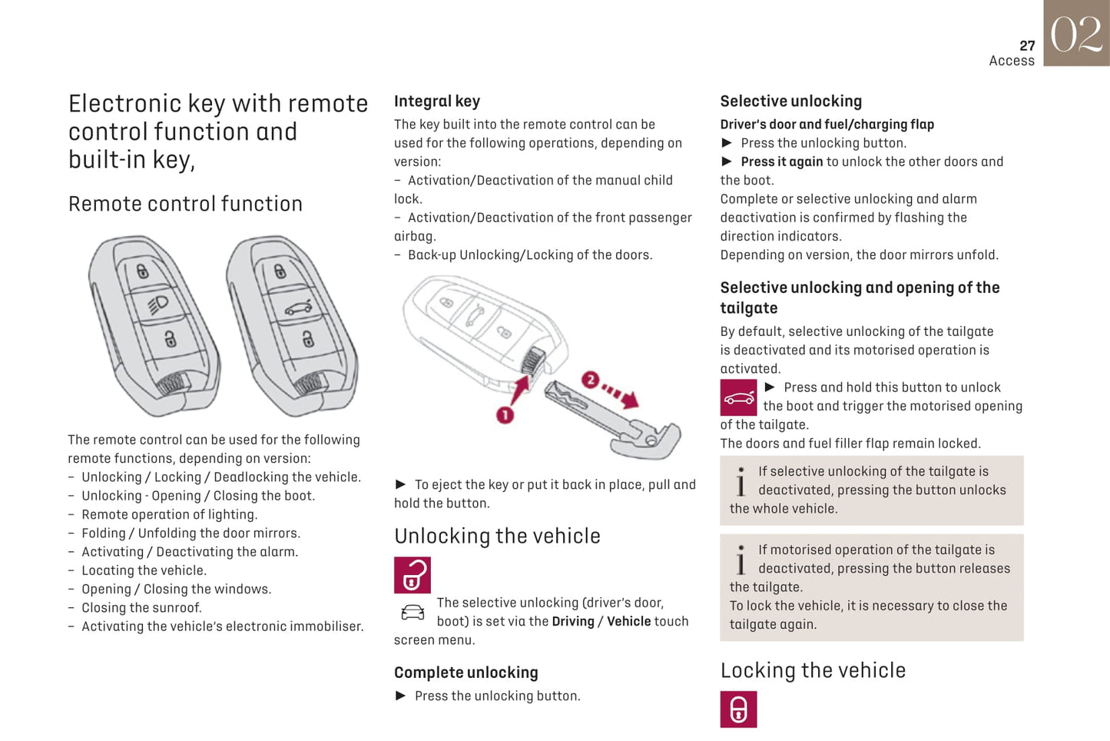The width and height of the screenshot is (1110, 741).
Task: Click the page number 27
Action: pyautogui.click(x=1027, y=46)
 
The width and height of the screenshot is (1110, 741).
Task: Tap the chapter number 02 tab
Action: pyautogui.click(x=1076, y=34)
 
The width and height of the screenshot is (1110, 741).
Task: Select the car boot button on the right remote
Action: pyautogui.click(x=298, y=308)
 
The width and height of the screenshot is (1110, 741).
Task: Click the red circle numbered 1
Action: pyautogui.click(x=505, y=415)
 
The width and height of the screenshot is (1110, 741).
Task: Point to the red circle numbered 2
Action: pyautogui.click(x=590, y=380)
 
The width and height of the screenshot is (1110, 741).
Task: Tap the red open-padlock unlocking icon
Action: pyautogui.click(x=413, y=575)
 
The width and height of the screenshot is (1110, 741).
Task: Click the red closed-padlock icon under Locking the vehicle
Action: pyautogui.click(x=738, y=709)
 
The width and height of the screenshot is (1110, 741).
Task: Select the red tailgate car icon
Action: pyautogui.click(x=738, y=398)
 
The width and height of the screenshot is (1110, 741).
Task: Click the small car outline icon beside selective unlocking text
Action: pyautogui.click(x=413, y=613)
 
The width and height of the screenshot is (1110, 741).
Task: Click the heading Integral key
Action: pyautogui.click(x=437, y=101)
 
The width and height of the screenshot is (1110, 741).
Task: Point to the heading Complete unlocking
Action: pyautogui.click(x=466, y=673)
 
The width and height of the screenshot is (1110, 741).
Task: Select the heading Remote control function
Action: pyautogui.click(x=185, y=204)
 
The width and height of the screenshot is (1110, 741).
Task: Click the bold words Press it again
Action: pyautogui.click(x=781, y=161)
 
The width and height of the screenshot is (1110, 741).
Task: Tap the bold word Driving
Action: pyautogui.click(x=573, y=621)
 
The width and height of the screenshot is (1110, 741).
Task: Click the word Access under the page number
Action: pyautogui.click(x=1012, y=61)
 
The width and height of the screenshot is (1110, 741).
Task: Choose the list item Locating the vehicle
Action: pyautogui.click(x=144, y=570)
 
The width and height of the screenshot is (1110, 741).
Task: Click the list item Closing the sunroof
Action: pyautogui.click(x=141, y=607)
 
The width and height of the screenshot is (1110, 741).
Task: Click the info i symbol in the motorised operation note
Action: pyautogui.click(x=741, y=560)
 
